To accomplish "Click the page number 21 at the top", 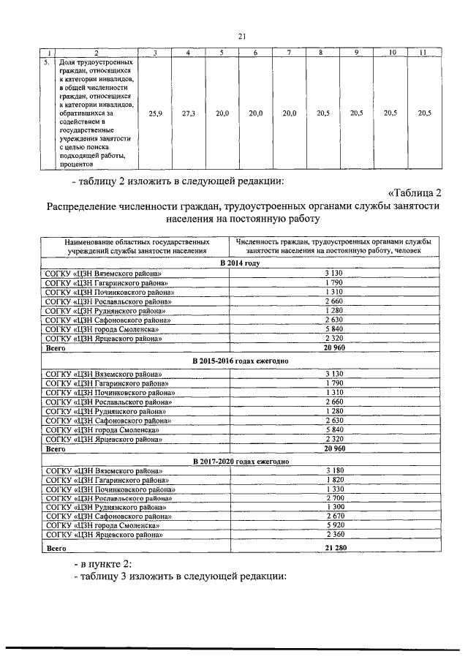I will (242, 37).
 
